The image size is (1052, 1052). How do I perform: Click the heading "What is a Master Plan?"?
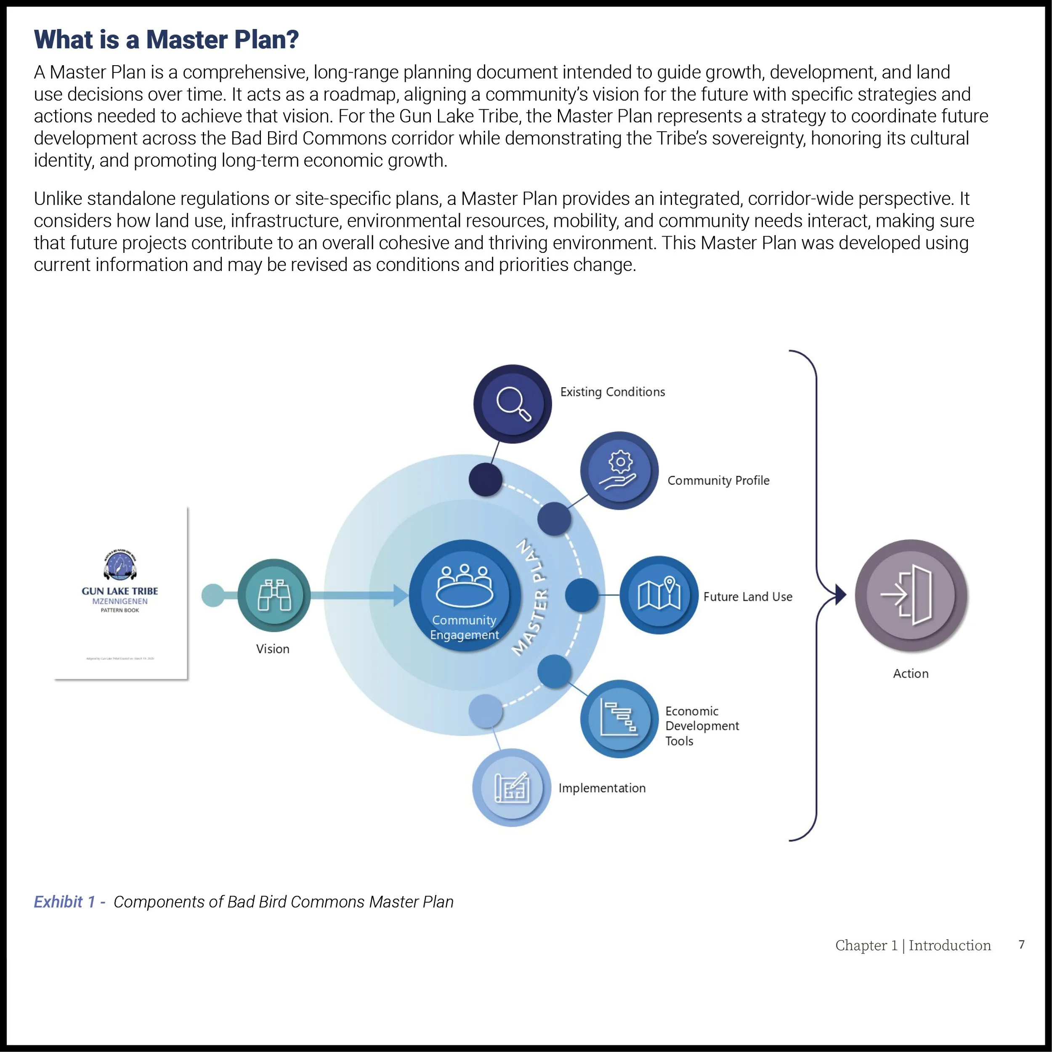tap(166, 40)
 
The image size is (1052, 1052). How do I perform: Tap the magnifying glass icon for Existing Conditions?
tap(513, 404)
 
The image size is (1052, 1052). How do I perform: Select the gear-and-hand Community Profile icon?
tap(619, 470)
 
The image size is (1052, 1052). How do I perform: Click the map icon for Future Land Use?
tap(659, 595)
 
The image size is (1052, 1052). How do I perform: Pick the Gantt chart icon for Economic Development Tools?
tap(619, 718)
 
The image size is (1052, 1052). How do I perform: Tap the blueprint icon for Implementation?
tap(511, 787)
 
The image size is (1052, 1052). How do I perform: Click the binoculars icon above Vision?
tap(274, 595)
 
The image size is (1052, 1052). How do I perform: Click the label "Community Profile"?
tap(718, 480)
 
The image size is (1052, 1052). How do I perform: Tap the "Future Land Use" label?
tap(748, 597)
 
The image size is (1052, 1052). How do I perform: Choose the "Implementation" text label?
tap(602, 788)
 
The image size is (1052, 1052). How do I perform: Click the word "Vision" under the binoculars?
tap(273, 649)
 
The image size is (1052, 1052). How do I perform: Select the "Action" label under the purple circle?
tap(911, 674)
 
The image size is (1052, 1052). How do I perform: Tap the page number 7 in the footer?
tap(1022, 945)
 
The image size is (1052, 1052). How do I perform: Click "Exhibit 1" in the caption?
tap(64, 902)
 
